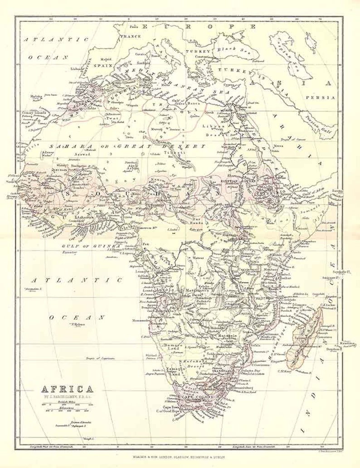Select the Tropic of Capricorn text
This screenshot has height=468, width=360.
click(x=103, y=358)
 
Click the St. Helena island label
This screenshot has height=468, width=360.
click(x=78, y=324)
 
